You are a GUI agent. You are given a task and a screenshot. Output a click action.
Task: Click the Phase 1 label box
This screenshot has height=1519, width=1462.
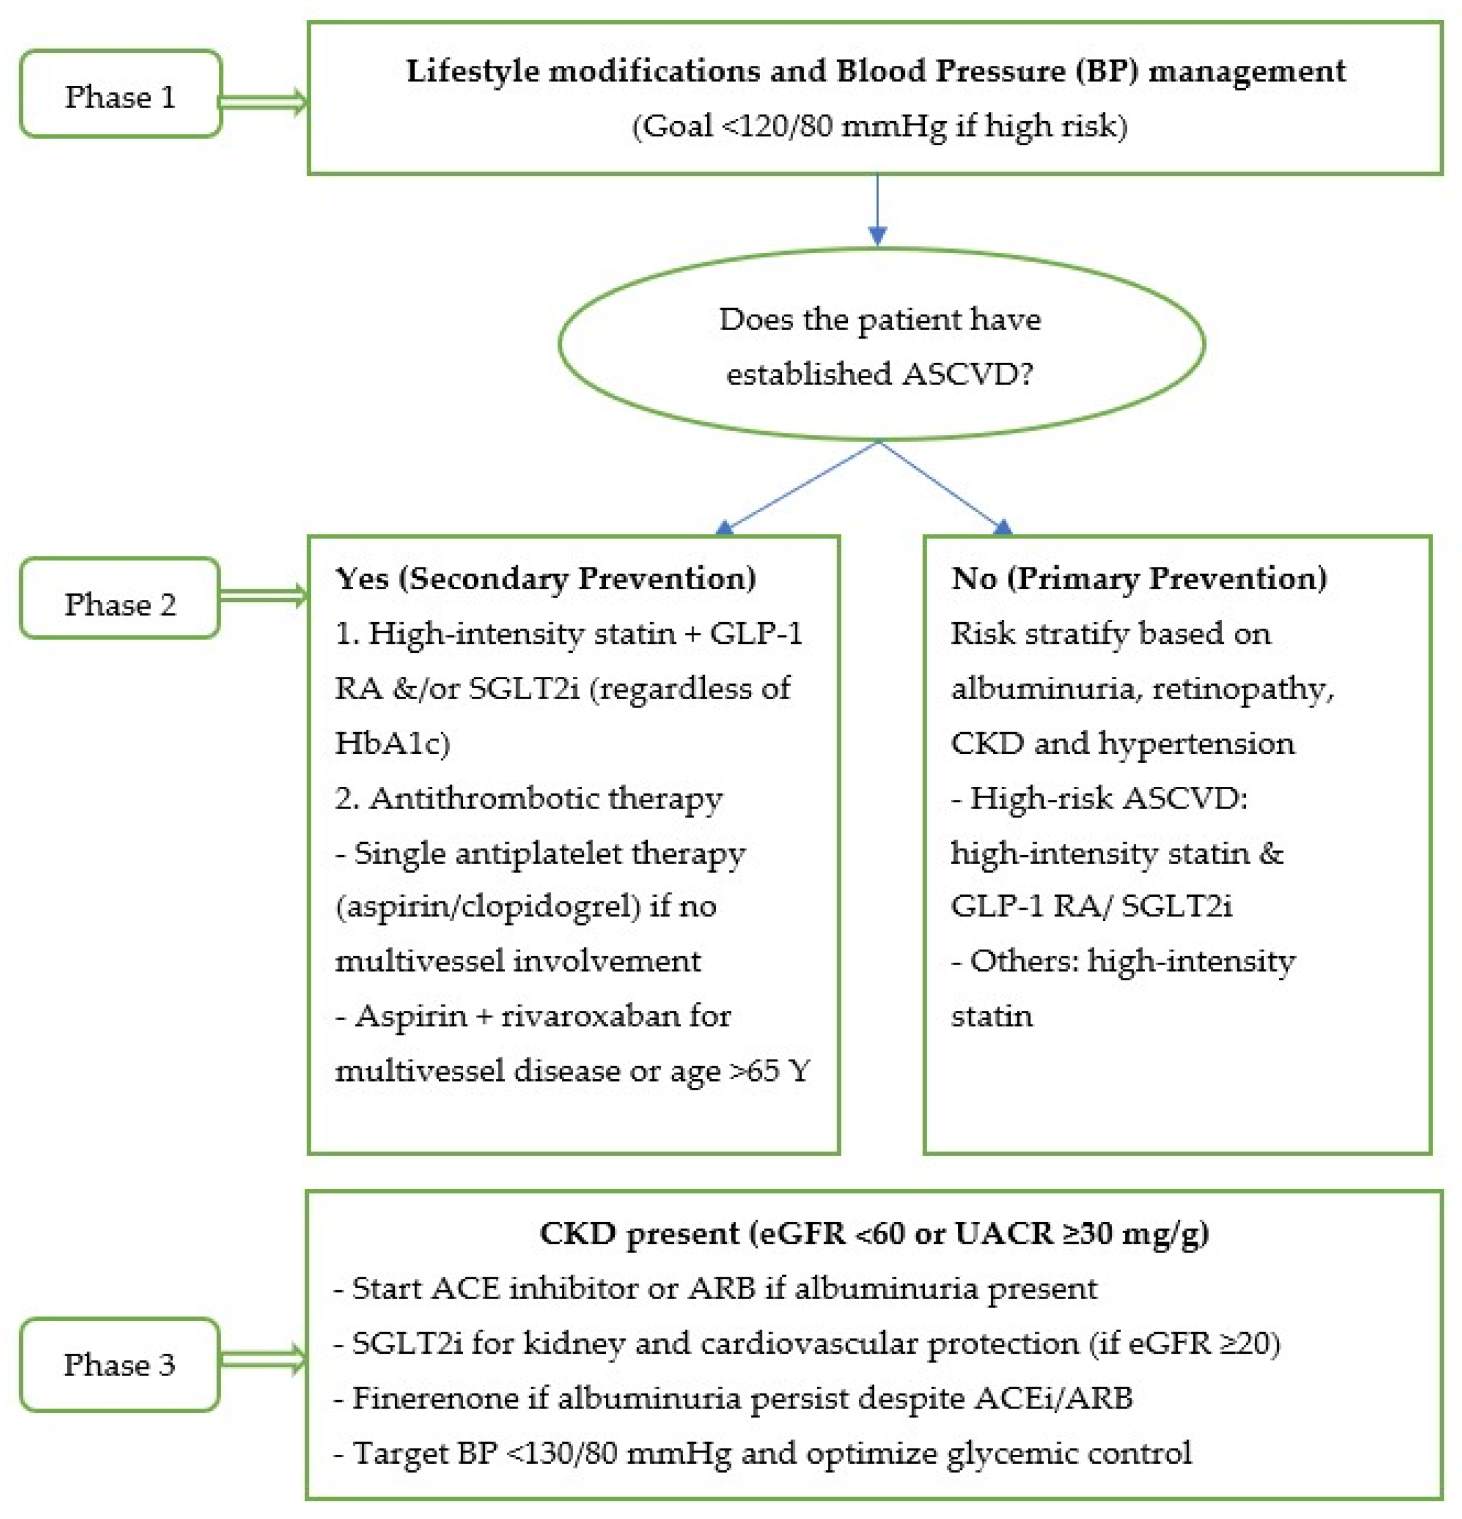(x=120, y=95)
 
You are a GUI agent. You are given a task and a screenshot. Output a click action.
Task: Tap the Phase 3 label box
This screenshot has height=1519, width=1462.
(x=119, y=1365)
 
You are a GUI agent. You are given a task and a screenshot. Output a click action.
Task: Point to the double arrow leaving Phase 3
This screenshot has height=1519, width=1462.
(x=262, y=1360)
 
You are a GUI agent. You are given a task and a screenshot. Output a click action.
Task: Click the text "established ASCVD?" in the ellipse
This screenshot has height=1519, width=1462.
(x=879, y=373)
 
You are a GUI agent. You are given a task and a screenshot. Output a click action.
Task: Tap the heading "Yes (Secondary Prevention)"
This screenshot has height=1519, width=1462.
(x=545, y=578)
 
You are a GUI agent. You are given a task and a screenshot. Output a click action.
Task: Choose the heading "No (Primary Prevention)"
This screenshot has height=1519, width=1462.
(x=1138, y=578)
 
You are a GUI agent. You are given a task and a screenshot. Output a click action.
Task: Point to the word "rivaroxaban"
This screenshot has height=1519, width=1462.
(x=590, y=1015)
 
